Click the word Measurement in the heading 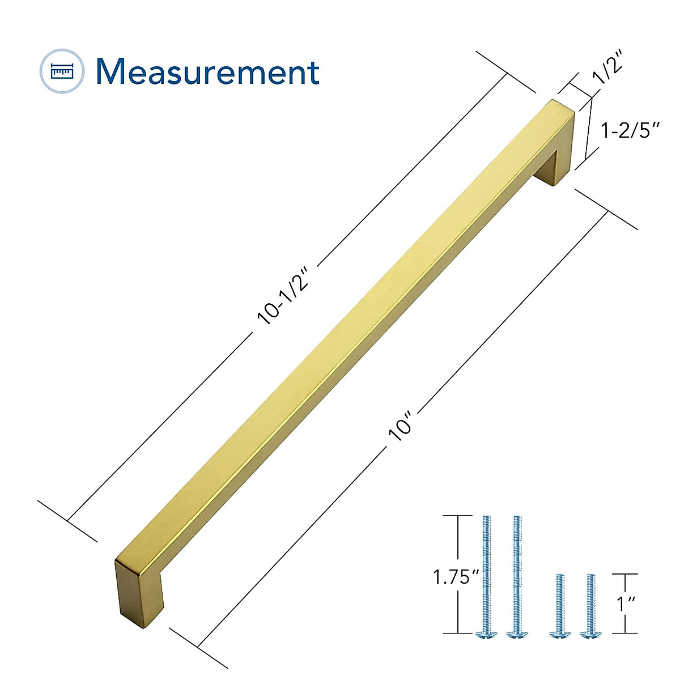tap(207, 72)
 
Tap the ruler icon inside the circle tap(62, 71)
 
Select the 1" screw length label tap(626, 603)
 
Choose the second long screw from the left tap(516, 575)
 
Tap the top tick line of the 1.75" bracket tap(457, 516)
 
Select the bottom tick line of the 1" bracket tap(625, 633)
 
